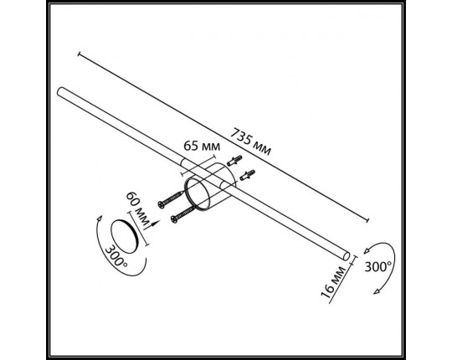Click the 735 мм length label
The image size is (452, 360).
pyautogui.click(x=251, y=141)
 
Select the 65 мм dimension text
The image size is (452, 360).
pyautogui.click(x=202, y=147)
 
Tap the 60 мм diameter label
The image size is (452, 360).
pyautogui.click(x=138, y=208)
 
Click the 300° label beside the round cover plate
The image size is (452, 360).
pyautogui.click(x=116, y=255)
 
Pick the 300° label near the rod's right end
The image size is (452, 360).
pyautogui.click(x=378, y=266)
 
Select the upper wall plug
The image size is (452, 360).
pyautogui.click(x=234, y=161)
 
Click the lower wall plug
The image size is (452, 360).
pyautogui.click(x=247, y=175)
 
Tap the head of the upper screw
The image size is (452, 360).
pyautogui.click(x=162, y=204)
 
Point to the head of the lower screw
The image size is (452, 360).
pyautogui.click(x=174, y=219)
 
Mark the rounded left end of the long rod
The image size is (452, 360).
pyautogui.click(x=60, y=90)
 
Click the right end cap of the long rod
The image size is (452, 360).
pyautogui.click(x=347, y=256)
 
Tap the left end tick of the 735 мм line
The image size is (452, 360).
pyautogui.click(x=79, y=54)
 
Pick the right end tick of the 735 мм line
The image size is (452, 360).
pyautogui.click(x=367, y=220)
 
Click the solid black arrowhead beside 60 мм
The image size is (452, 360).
pyautogui.click(x=155, y=224)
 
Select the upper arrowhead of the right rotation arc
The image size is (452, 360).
pyautogui.click(x=367, y=250)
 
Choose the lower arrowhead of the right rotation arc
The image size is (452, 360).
pyautogui.click(x=377, y=291)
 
